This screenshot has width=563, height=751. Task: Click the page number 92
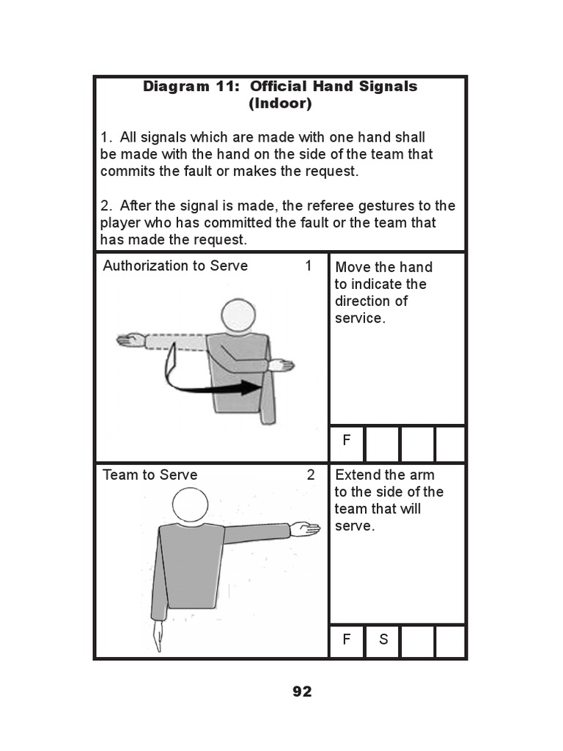[x=302, y=692]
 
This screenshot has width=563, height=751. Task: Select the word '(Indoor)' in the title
[x=280, y=104]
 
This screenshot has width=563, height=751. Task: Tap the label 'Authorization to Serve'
[x=175, y=265]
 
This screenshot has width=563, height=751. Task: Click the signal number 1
[x=309, y=265]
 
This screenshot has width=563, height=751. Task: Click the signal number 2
[x=310, y=475]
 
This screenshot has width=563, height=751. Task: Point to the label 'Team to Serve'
[x=150, y=475]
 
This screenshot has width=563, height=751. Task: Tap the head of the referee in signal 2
[x=190, y=507]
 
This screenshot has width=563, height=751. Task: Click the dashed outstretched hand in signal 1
[x=131, y=340]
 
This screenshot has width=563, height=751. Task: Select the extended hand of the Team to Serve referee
[x=305, y=529]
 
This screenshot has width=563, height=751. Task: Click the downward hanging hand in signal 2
[x=156, y=637]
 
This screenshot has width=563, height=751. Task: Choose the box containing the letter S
[x=383, y=640]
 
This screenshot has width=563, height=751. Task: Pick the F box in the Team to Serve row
[x=347, y=640]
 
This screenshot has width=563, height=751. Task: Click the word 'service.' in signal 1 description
[x=360, y=318]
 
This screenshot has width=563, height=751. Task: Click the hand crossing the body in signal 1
[x=280, y=364]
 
